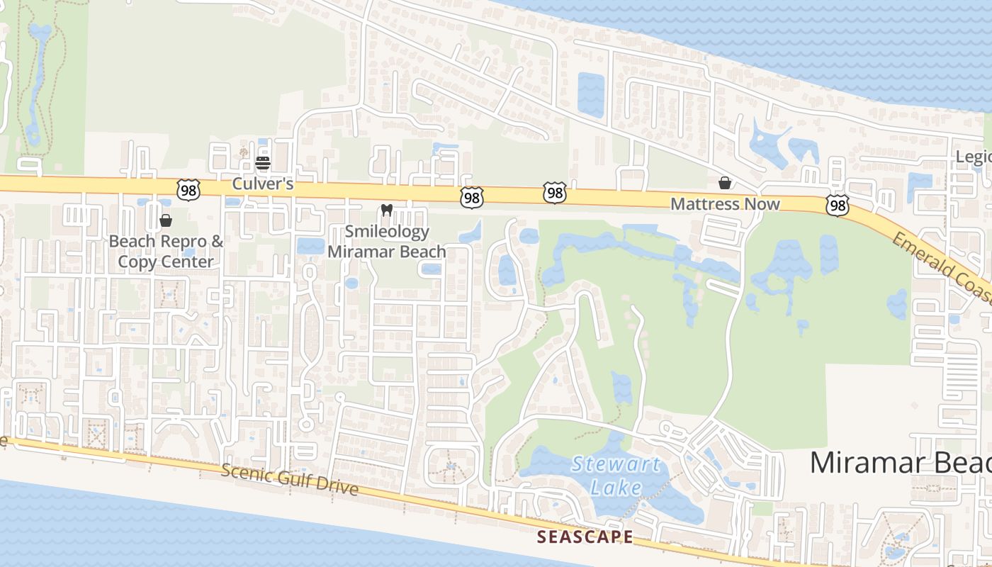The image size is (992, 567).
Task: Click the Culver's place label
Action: pos(263,184)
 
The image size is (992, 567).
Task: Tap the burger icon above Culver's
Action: pos(263,162)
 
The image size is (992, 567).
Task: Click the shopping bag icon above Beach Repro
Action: pos(166,220)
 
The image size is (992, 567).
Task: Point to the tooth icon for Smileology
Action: pos(386,210)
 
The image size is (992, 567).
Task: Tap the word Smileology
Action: pos(387,232)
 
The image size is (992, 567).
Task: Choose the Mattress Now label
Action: pos(725,205)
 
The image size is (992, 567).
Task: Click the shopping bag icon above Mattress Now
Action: pos(725,184)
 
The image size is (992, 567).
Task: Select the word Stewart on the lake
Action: pos(616,465)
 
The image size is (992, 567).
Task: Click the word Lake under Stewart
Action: pos(616,488)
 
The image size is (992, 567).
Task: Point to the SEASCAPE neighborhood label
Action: pos(585,537)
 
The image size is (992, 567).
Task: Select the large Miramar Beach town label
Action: pos(900,463)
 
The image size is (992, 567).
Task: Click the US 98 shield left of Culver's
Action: pos(189,189)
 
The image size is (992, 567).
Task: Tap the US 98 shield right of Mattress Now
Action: pos(838,206)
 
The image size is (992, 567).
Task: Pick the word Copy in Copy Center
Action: pos(137,262)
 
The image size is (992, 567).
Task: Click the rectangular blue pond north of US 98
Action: pos(591,94)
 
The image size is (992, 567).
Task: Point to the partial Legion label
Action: pos(974,157)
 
